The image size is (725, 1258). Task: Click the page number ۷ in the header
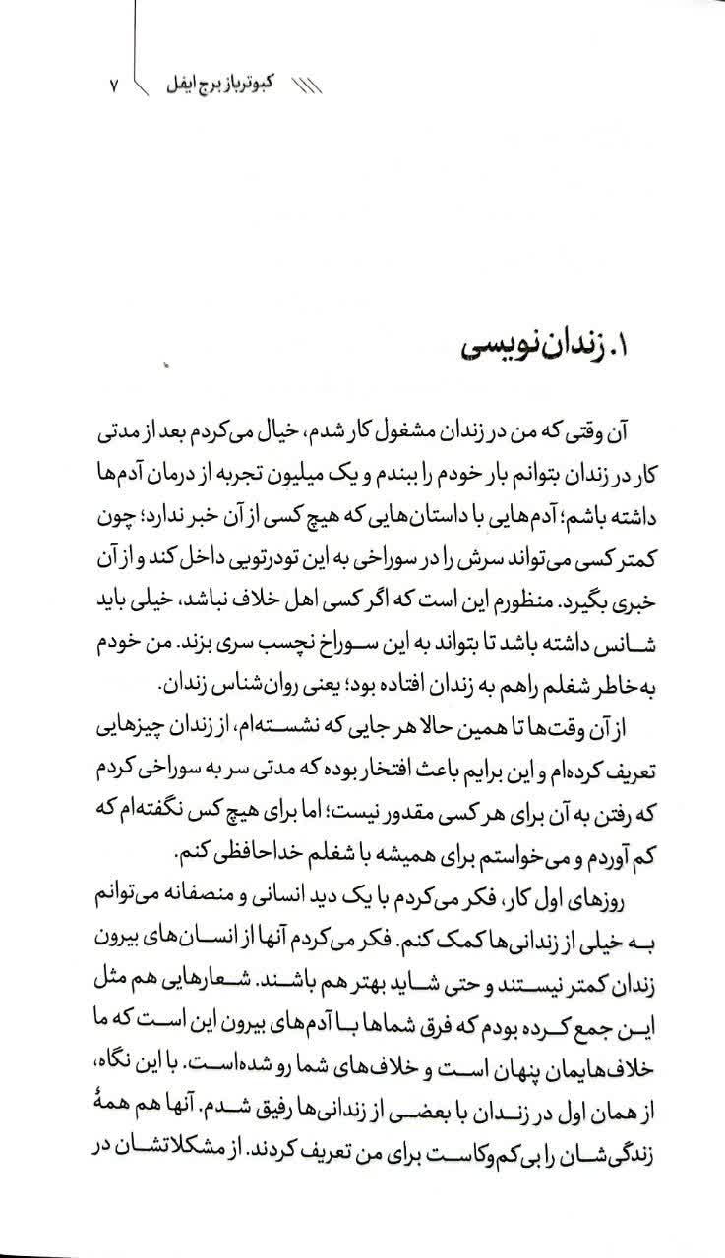click(112, 86)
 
